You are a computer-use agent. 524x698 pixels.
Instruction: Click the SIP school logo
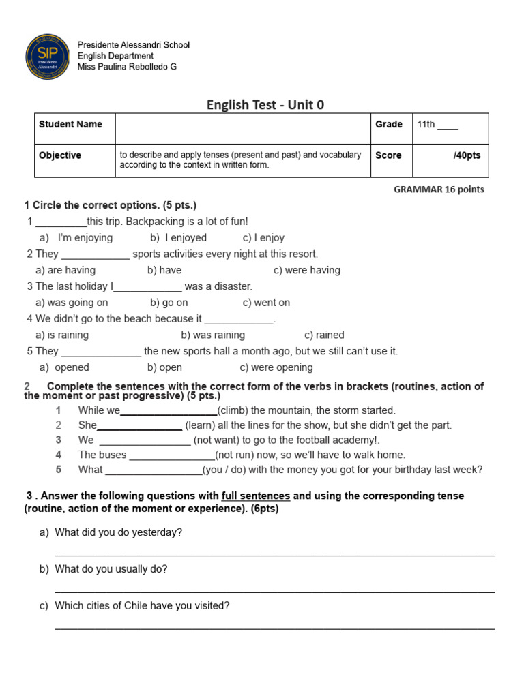point(47,56)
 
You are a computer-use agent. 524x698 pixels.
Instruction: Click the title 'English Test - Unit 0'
point(265,104)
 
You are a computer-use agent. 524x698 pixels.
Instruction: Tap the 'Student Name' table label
point(70,125)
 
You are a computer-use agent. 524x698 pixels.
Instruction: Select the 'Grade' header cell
point(389,125)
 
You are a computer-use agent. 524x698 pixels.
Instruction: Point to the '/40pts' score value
point(467,155)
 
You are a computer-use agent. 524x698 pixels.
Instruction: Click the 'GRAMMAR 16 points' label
point(439,189)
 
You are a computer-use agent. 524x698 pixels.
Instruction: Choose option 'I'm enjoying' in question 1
point(85,238)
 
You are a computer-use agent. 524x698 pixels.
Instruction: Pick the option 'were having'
point(312,270)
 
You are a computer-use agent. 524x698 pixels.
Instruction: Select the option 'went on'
point(272,303)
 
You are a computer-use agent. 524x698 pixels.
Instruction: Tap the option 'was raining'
point(218,335)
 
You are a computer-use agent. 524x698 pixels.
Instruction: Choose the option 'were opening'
point(282,367)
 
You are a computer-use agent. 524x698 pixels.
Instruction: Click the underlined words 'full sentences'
point(256,496)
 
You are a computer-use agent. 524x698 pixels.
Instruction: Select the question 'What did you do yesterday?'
point(118,532)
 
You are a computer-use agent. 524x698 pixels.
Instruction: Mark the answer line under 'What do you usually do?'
point(274,592)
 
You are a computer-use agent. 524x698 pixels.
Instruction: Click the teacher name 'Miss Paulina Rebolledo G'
point(127,67)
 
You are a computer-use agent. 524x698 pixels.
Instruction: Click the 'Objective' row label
point(60,155)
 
